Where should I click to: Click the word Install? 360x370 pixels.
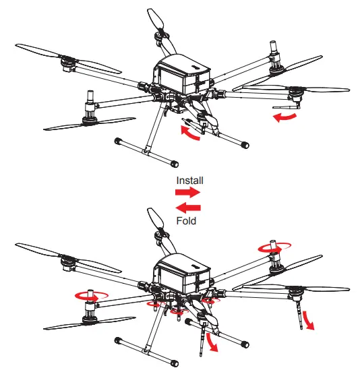(x=189, y=181)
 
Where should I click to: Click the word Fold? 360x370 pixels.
(x=185, y=221)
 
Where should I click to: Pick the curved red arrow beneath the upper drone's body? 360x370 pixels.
(x=190, y=133)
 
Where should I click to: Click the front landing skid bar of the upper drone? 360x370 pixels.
(x=148, y=152)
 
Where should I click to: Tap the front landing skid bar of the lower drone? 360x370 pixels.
(x=148, y=350)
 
